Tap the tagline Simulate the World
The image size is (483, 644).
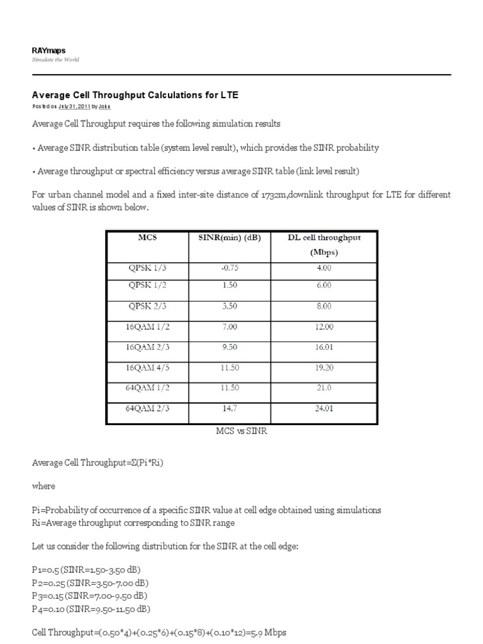pos(55,60)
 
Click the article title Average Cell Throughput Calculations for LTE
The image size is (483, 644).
pos(135,95)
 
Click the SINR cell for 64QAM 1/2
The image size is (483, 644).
pos(230,388)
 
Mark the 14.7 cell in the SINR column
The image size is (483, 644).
pos(230,408)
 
